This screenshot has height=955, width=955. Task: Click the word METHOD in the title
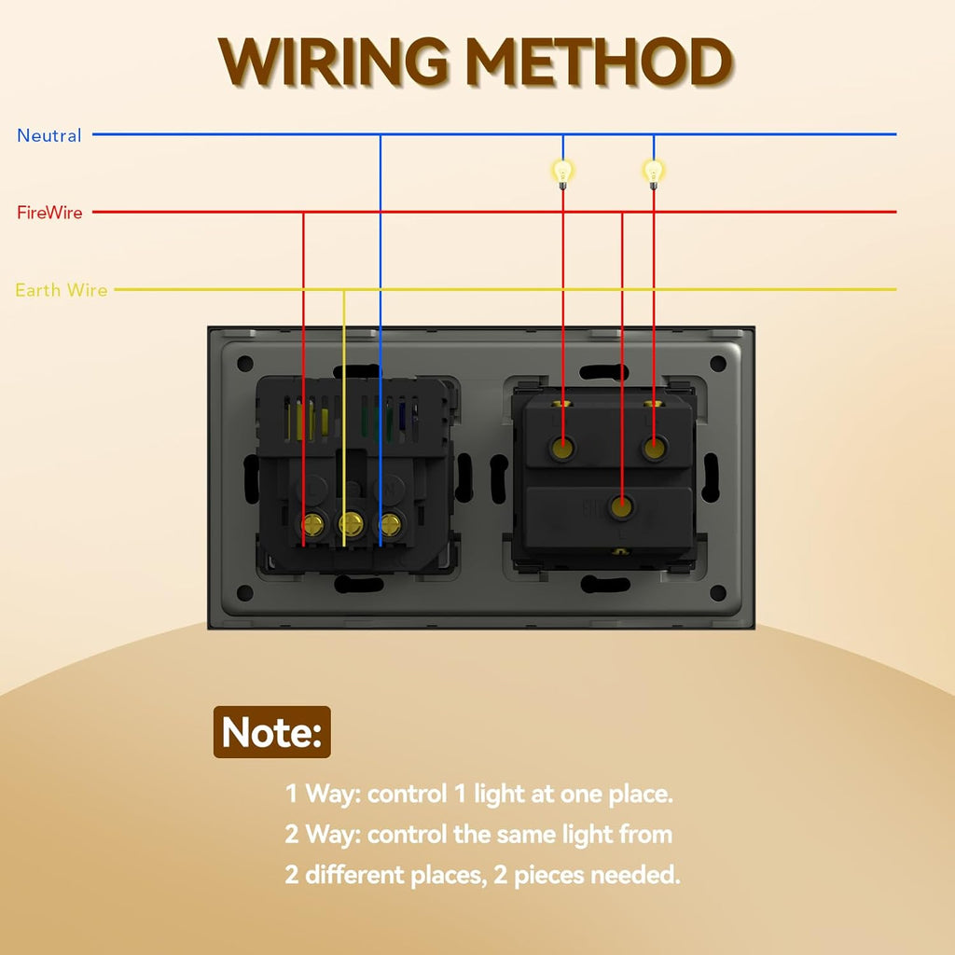(600, 62)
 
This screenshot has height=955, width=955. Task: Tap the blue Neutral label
(48, 135)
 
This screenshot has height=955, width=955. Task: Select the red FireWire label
(49, 213)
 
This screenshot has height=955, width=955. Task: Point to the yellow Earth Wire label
(62, 290)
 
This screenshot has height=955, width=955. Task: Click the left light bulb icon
(562, 173)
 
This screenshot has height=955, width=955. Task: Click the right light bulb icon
(654, 173)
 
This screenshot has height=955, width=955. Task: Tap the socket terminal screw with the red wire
(312, 524)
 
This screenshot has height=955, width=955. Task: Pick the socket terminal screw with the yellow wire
(351, 522)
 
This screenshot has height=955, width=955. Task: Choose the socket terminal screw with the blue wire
(390, 524)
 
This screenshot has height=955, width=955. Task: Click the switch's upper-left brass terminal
(562, 449)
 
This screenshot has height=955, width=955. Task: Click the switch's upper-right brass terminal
(654, 449)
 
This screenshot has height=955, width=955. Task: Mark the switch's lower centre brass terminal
(621, 506)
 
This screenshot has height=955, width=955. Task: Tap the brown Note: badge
(272, 732)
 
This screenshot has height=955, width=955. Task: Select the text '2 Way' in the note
(324, 835)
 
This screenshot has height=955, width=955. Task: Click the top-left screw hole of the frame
(245, 364)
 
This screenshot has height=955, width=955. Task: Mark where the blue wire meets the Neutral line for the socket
(381, 134)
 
